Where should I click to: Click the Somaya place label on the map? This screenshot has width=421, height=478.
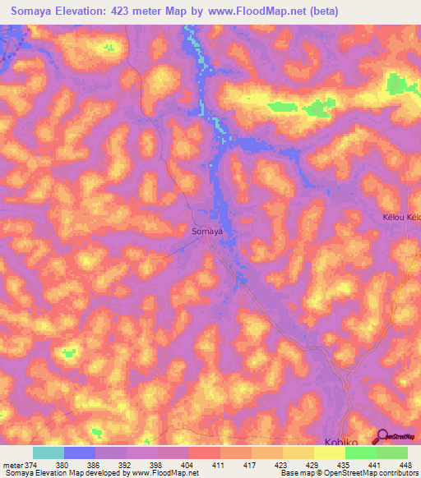click(207, 232)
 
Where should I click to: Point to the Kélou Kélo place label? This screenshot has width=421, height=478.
click(401, 218)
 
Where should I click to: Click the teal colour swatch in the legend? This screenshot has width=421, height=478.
click(48, 453)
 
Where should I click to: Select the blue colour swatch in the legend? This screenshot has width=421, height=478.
click(79, 453)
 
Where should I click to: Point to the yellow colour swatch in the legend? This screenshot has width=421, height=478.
click(329, 453)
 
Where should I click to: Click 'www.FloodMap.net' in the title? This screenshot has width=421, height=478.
click(255, 12)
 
